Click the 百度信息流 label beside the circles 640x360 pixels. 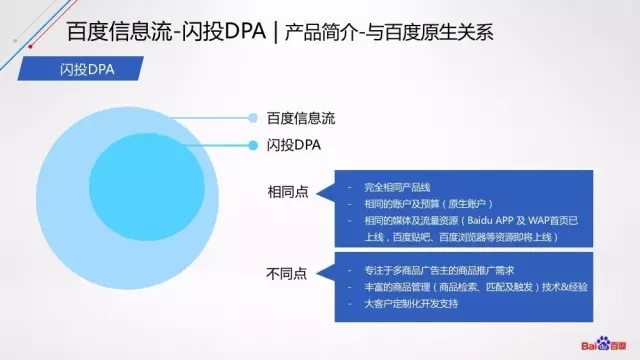301,118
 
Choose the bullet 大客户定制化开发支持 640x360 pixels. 403,303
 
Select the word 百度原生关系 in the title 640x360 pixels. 439,33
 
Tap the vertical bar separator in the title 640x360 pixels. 272,33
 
